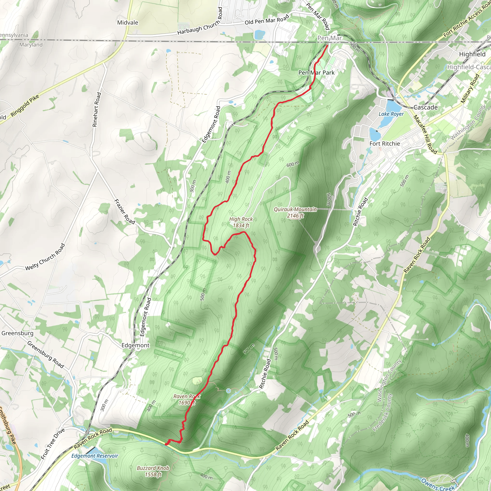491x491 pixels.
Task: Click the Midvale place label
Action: pyautogui.click(x=128, y=23)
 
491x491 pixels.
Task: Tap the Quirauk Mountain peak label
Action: pyautogui.click(x=295, y=212)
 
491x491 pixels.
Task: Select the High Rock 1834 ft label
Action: pyautogui.click(x=241, y=222)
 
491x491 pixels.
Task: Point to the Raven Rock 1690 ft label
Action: pyautogui.click(x=187, y=399)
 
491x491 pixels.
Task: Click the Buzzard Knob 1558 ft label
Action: pyautogui.click(x=153, y=471)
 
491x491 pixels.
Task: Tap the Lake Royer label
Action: pyautogui.click(x=391, y=114)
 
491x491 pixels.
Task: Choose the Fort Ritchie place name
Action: pyautogui.click(x=385, y=144)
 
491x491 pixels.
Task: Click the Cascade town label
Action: pyautogui.click(x=426, y=107)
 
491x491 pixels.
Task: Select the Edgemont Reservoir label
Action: pyautogui.click(x=94, y=456)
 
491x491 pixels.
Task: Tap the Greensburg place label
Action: pyautogui.click(x=17, y=333)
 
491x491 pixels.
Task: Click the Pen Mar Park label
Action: pyautogui.click(x=316, y=73)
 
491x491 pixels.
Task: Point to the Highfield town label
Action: pyautogui.click(x=472, y=54)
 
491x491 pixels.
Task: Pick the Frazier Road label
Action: pyautogui.click(x=124, y=212)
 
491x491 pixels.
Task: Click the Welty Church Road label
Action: pyautogui.click(x=45, y=257)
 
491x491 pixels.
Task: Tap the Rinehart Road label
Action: pyautogui.click(x=97, y=110)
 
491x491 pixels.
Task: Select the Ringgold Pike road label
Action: pyautogui.click(x=25, y=106)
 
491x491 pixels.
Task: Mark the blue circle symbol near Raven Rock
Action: pyautogui.click(x=228, y=391)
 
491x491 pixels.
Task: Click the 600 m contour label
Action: pyautogui.click(x=293, y=164)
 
